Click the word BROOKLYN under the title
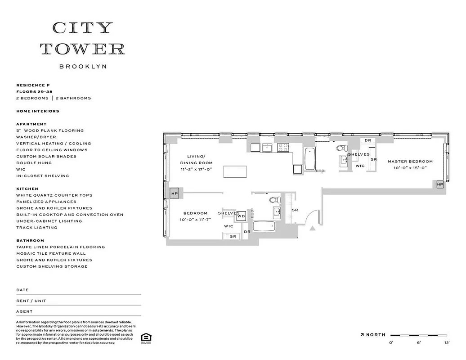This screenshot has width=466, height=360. point(83,66)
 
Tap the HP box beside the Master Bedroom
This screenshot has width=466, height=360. point(439,184)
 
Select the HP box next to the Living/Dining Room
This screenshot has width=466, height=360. point(175,193)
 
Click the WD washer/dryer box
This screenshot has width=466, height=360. point(241,216)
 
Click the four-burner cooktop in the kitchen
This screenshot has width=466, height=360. point(283,148)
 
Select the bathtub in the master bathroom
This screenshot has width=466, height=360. point(310,159)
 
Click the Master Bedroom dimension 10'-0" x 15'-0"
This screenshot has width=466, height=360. point(410,167)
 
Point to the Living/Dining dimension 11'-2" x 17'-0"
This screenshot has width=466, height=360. point(196,169)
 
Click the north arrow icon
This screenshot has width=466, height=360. point(362,335)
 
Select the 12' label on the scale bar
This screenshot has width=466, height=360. point(447,343)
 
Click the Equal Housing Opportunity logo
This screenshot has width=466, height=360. point(145,338)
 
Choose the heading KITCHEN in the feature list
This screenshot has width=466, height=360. point(27,189)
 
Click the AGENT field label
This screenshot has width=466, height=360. point(24,311)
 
